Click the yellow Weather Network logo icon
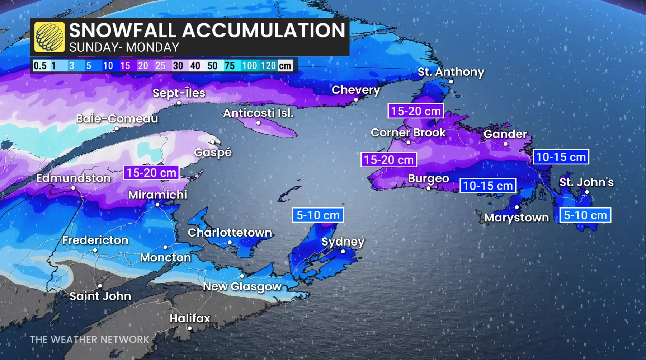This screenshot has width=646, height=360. (x=49, y=37)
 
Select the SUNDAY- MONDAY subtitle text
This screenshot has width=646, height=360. (x=124, y=47)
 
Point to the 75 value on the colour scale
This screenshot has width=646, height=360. (x=229, y=66)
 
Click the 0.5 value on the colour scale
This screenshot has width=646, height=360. (x=40, y=66)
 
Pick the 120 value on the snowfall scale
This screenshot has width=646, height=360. (x=268, y=66)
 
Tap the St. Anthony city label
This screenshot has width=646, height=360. (x=451, y=72)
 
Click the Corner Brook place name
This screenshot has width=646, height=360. (x=408, y=132)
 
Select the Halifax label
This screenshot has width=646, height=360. (x=190, y=318)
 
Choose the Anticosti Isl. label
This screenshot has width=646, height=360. (x=258, y=113)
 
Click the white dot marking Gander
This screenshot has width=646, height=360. (x=505, y=144)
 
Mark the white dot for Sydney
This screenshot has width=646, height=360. (x=343, y=251)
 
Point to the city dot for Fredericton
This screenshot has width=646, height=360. (x=95, y=250)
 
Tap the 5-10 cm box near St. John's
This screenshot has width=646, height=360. (x=585, y=215)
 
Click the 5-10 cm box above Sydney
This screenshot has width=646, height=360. (x=318, y=215)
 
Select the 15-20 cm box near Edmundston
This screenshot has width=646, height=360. (x=151, y=173)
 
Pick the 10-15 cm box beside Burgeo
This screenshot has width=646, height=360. (x=488, y=186)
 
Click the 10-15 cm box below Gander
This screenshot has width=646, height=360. (x=561, y=157)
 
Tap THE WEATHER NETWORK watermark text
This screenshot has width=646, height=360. (x=89, y=340)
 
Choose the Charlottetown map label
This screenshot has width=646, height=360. (x=230, y=233)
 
